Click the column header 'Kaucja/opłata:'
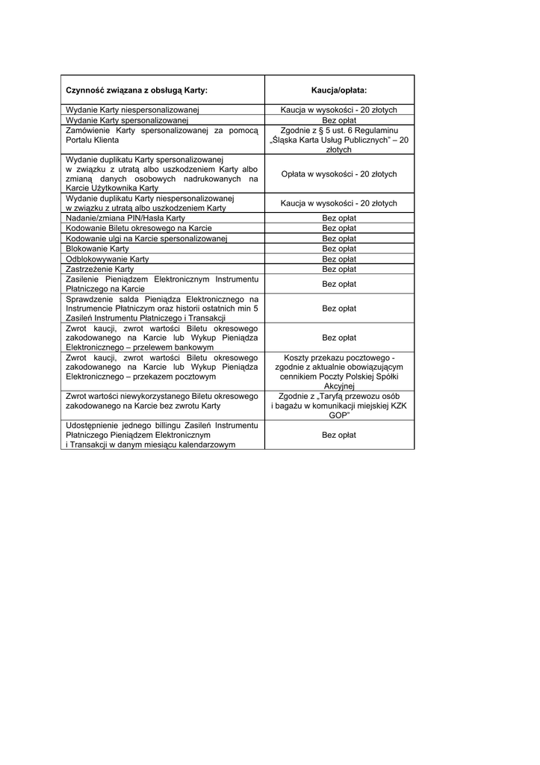tap(338, 90)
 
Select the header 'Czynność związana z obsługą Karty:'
tap(137, 90)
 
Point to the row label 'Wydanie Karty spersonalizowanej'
tap(127, 120)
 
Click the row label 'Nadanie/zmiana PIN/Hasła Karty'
tap(125, 218)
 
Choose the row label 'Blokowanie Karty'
tap(98, 248)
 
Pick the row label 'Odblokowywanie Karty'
tap(108, 258)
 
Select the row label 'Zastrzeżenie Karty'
tap(100, 268)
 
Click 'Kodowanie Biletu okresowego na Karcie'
tap(139, 228)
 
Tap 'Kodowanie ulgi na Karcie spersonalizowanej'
tap(146, 238)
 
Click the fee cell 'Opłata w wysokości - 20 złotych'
tap(339, 174)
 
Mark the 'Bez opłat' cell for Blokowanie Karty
tap(339, 248)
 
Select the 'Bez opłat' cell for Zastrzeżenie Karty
tap(339, 268)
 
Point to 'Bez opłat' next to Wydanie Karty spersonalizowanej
tap(339, 120)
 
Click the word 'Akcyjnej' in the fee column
tap(339, 386)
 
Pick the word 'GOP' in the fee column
tap(339, 415)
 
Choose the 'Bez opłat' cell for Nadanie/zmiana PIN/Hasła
tap(339, 218)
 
